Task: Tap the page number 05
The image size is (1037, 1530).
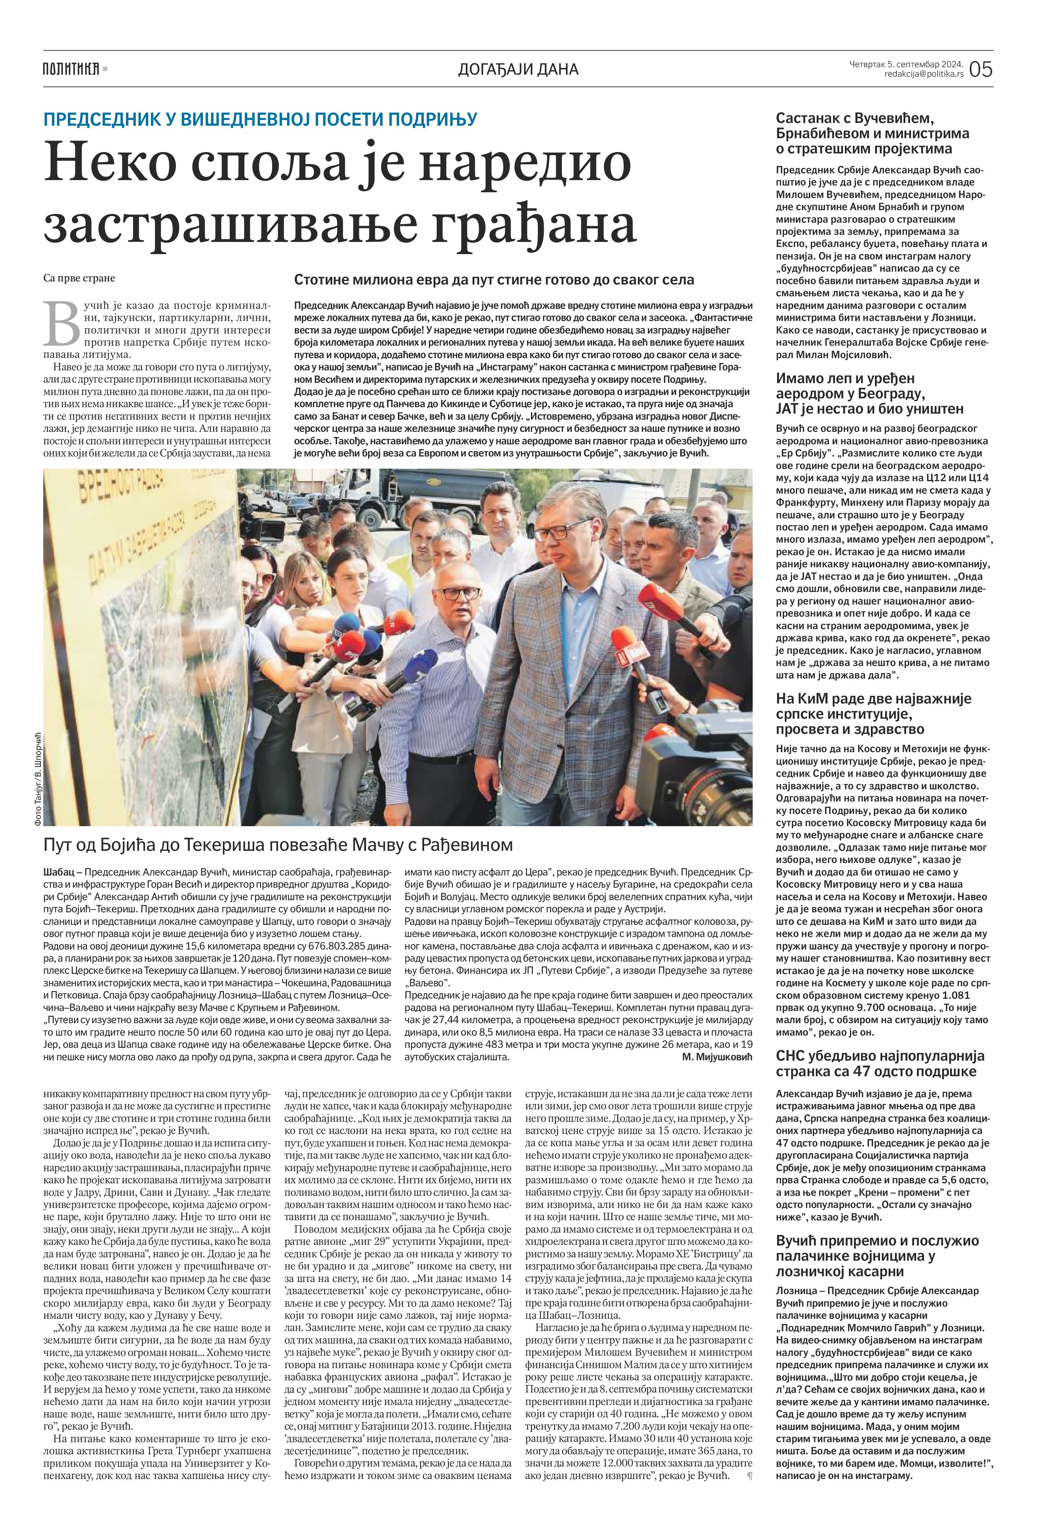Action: (x=980, y=69)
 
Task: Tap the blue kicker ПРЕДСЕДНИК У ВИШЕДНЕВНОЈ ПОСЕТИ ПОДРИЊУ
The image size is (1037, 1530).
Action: (x=260, y=119)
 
